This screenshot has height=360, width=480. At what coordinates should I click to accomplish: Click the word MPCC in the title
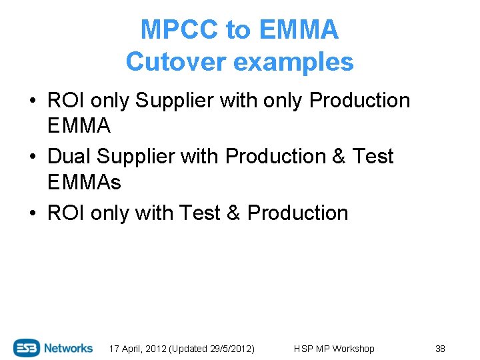click(179, 30)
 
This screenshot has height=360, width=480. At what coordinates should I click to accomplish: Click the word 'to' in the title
click(237, 30)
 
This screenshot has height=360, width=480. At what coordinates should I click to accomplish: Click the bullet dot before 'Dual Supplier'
click(32, 157)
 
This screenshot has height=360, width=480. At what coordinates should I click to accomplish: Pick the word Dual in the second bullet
click(69, 157)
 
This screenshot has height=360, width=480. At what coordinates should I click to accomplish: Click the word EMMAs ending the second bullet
click(85, 181)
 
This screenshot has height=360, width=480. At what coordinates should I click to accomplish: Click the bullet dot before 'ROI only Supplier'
click(32, 101)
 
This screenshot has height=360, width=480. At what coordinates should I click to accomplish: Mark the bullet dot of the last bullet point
click(32, 213)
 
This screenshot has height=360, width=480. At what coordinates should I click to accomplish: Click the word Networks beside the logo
click(69, 348)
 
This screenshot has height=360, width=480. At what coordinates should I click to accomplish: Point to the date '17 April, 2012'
click(137, 349)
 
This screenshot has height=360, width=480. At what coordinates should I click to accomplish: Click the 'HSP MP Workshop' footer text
click(334, 349)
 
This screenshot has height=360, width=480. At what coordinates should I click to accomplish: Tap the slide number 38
click(440, 349)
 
